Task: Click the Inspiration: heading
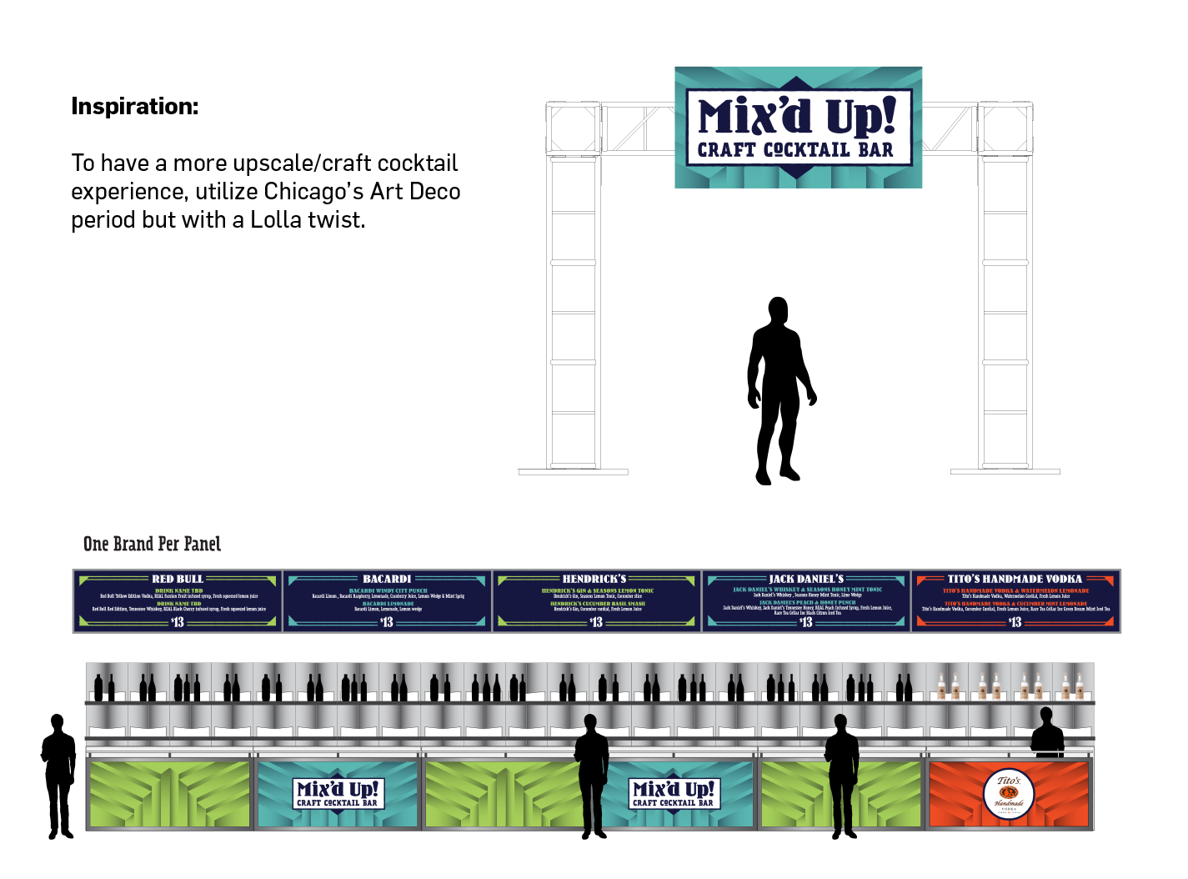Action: point(135,107)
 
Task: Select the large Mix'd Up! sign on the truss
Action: point(798,127)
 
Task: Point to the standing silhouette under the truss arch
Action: point(779,392)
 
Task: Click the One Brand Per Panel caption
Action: point(152,545)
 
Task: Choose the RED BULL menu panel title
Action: point(178,579)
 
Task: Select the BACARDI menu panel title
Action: point(387,579)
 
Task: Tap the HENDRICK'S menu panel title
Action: point(594,579)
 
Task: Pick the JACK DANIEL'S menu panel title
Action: point(806,579)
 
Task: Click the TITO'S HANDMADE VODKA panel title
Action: point(1015,579)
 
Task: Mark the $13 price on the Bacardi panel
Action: point(387,622)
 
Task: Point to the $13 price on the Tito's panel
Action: point(1015,622)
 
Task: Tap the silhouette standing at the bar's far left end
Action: point(58,776)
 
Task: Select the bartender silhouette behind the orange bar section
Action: point(1047,734)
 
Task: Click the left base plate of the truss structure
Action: point(573,472)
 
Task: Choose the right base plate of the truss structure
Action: point(1005,472)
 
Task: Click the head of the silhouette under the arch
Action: point(778,310)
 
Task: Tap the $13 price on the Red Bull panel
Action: point(178,622)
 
